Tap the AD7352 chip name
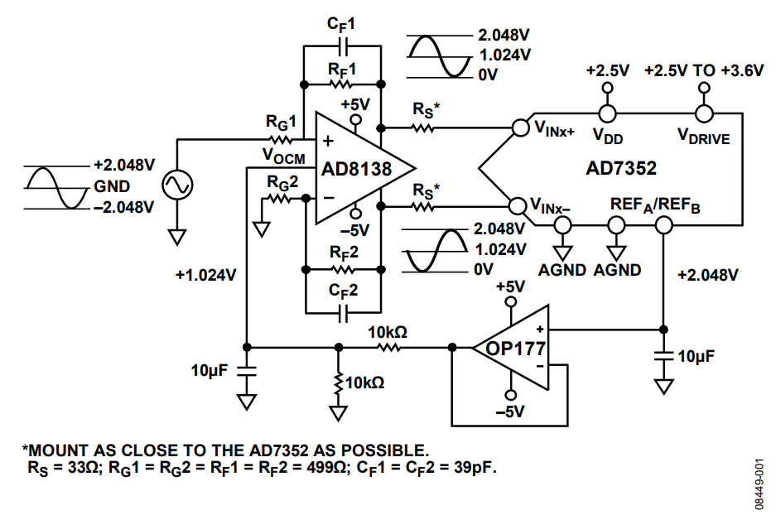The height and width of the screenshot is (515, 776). tap(622, 168)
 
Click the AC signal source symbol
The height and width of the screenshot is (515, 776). tap(176, 184)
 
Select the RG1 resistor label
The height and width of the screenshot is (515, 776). tap(281, 122)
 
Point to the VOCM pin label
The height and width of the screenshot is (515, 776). tap(282, 155)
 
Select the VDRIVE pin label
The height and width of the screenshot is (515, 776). tap(703, 137)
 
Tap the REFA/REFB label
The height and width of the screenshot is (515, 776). tap(655, 205)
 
